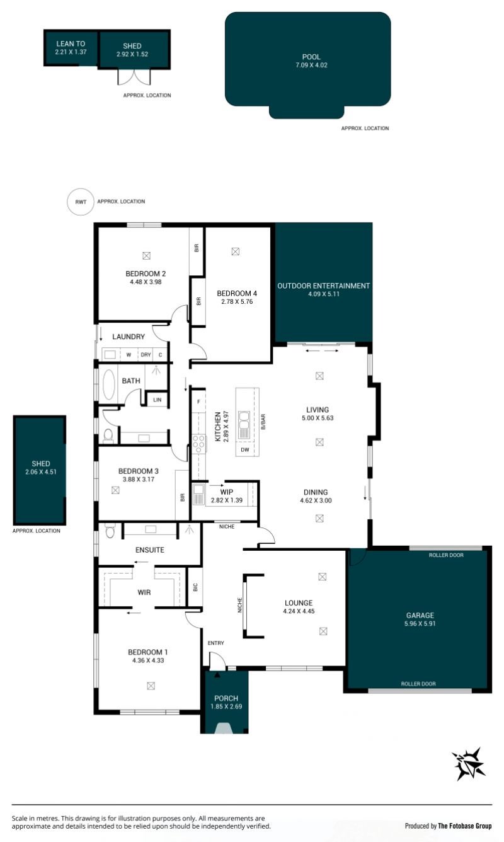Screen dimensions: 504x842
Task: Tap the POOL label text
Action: [311, 57]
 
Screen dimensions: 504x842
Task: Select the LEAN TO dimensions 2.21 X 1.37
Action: [71, 52]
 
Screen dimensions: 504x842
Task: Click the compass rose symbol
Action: [469, 763]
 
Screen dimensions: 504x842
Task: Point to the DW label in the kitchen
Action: [244, 449]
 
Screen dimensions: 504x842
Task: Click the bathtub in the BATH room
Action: [109, 384]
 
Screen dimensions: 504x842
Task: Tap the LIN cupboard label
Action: [157, 400]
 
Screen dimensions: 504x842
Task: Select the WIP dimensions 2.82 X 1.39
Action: [227, 500]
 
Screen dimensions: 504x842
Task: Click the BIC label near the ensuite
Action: [195, 587]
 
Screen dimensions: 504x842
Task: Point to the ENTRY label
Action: [215, 643]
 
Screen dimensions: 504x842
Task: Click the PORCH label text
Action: [226, 698]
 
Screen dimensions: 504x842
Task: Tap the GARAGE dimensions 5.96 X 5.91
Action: [420, 623]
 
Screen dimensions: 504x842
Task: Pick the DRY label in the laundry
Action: [146, 354]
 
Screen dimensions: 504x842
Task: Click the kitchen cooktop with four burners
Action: [199, 444]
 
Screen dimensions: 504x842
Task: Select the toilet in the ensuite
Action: [110, 531]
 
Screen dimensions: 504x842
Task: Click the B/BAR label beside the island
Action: [263, 422]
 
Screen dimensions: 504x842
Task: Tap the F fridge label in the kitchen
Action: [198, 401]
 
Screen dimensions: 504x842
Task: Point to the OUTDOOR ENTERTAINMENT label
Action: [323, 285]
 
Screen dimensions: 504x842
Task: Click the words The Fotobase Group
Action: [464, 826]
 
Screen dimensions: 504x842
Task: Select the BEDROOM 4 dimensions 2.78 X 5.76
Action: [237, 301]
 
